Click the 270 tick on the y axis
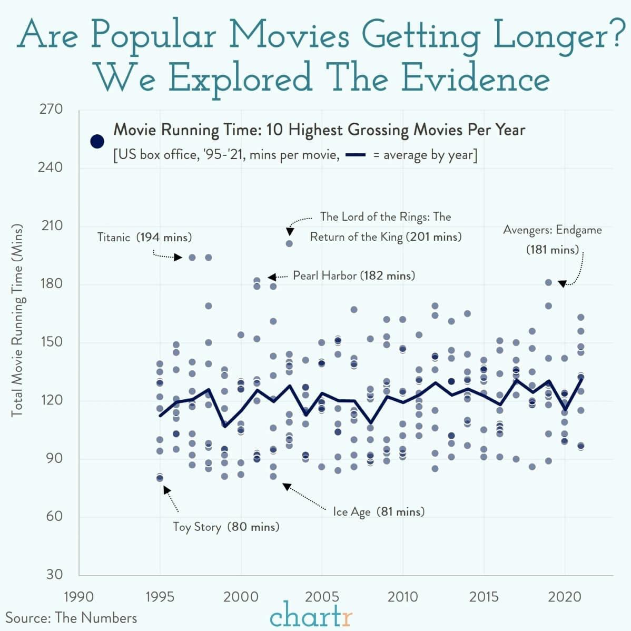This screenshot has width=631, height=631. point(51,110)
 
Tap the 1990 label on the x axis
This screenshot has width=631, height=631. point(78,597)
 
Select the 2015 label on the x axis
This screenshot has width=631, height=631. point(484,597)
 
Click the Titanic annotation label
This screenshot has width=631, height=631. point(144,238)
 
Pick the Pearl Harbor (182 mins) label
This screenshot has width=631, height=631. point(353,275)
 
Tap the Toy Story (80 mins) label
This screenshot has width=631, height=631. point(226,527)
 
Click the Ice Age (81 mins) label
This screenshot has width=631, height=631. point(378,511)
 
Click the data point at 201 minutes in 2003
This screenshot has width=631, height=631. point(289,243)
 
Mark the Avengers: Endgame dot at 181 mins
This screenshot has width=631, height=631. point(548,283)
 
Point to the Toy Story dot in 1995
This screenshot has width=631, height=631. point(160,478)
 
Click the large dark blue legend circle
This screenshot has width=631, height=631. point(97,141)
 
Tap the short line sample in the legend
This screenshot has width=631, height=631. point(356,155)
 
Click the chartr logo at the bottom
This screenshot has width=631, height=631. point(311,616)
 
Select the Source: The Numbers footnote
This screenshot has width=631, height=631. point(71,618)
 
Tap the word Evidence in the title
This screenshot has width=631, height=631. point(475,78)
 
